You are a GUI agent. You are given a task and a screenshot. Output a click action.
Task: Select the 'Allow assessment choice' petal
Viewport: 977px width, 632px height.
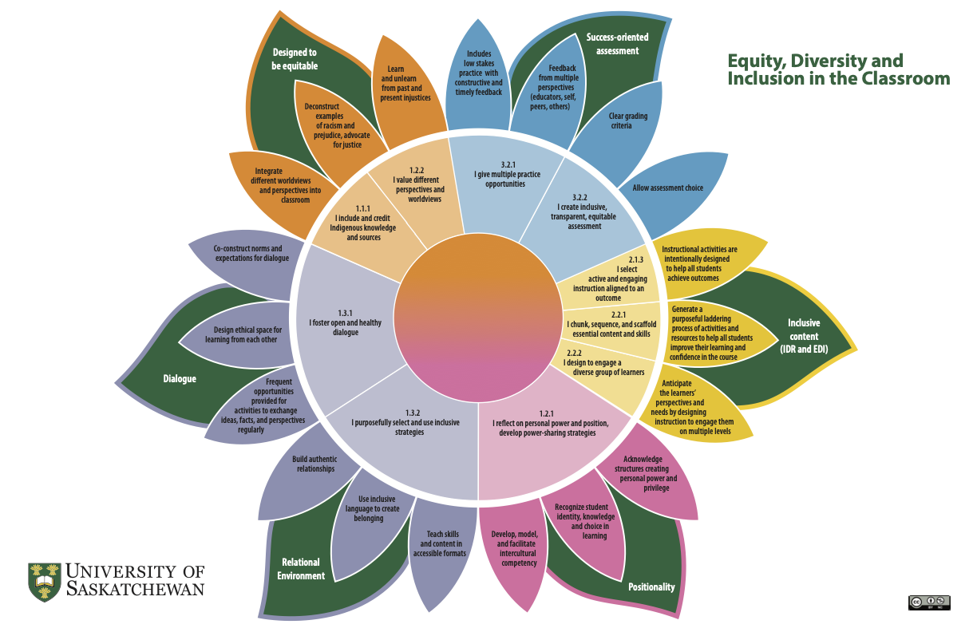[x=667, y=188]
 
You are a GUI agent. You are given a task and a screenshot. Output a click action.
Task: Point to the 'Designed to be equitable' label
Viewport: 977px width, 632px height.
[x=295, y=59]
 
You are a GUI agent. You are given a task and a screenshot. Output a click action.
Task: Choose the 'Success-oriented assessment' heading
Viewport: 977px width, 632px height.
[x=617, y=44]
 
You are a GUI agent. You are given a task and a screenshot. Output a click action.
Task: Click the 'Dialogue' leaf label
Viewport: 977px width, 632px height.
[x=180, y=378]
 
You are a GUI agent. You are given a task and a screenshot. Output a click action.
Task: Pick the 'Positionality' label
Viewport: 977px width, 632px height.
[x=651, y=587]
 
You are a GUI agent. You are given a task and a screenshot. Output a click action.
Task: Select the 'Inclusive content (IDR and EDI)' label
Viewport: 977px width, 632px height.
[x=803, y=336]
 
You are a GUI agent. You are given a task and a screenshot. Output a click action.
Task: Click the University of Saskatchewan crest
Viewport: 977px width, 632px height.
[x=45, y=580]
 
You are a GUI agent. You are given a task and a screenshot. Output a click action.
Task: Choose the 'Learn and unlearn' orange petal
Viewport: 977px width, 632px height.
[x=405, y=84]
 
